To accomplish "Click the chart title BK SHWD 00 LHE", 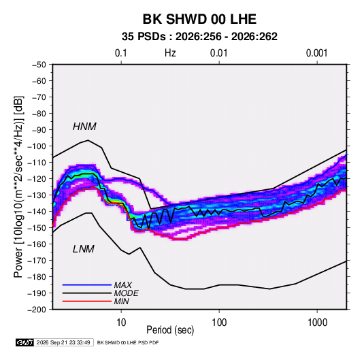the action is (x=199, y=19).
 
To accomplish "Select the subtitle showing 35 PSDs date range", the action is (x=199, y=37).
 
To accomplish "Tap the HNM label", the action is (x=84, y=127).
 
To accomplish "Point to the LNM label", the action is (x=84, y=249).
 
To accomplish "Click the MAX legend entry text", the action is (x=123, y=285).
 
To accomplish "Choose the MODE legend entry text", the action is (x=127, y=293).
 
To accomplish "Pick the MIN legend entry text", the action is (x=121, y=301).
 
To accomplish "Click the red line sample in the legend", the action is (x=87, y=301).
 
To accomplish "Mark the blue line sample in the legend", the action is (x=87, y=284).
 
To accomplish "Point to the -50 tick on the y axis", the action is (x=39, y=65).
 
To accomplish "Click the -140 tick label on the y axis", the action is (x=37, y=212).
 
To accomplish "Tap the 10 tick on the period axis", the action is (x=121, y=323).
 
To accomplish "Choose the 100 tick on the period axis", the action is (x=219, y=323).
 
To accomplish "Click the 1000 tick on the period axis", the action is (x=317, y=323).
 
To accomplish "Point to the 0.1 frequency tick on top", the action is (x=121, y=53).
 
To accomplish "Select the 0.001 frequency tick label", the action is (x=317, y=53).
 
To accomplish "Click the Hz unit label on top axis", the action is (x=170, y=53).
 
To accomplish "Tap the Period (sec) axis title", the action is (x=170, y=330).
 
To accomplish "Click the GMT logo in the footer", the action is (x=25, y=342).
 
